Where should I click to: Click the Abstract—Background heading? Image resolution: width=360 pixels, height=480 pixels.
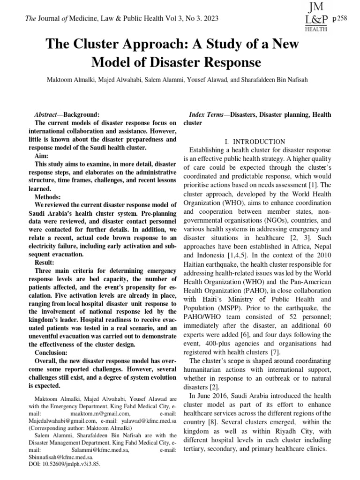coord(67,115)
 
